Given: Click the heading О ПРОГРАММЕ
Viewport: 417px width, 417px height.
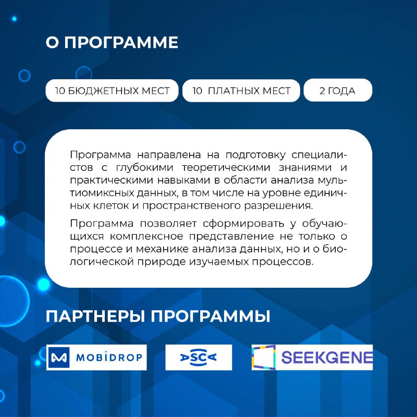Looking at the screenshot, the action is [112, 42].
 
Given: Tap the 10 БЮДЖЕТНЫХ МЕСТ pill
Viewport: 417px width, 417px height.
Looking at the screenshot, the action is [112, 90].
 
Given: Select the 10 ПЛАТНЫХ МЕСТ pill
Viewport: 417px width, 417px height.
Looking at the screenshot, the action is [241, 90].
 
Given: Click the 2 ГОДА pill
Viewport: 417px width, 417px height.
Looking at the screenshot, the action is [338, 90].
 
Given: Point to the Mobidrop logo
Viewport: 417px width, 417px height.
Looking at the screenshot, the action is [96, 357].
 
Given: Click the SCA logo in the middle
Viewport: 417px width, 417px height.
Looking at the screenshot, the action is [199, 357].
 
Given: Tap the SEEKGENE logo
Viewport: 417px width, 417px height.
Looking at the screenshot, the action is [312, 357].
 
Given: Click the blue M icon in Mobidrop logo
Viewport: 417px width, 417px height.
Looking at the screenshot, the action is [59, 357].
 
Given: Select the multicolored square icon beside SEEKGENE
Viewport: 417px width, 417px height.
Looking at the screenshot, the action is [264, 357].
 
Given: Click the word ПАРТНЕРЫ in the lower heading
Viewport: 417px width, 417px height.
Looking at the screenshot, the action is [95, 316].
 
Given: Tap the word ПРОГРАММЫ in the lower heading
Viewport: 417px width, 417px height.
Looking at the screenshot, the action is [211, 316].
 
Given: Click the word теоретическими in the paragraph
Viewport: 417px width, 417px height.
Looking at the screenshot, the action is [226, 168].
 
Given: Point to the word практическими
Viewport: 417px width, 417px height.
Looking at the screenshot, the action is [111, 180].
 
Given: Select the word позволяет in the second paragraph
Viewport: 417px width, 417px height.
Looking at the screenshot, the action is [168, 224].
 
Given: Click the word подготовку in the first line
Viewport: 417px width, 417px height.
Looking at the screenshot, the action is [255, 155].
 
